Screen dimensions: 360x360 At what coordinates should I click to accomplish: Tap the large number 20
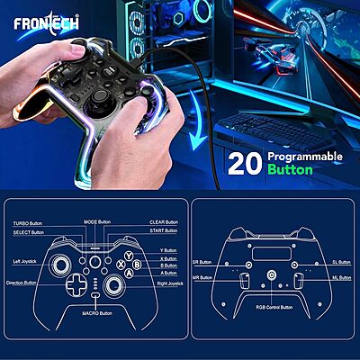click(x=245, y=162)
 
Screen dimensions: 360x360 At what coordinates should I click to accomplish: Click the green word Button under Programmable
click(x=290, y=168)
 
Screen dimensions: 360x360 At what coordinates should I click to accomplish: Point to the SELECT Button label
click(x=27, y=231)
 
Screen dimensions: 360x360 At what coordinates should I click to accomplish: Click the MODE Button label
click(x=97, y=221)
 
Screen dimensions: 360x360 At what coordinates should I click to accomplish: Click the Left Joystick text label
click(x=28, y=261)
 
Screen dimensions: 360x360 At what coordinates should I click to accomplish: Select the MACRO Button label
click(x=94, y=313)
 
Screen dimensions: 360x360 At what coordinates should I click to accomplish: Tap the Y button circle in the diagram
click(x=129, y=254)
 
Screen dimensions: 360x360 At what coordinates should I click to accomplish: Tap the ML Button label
click(x=340, y=278)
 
